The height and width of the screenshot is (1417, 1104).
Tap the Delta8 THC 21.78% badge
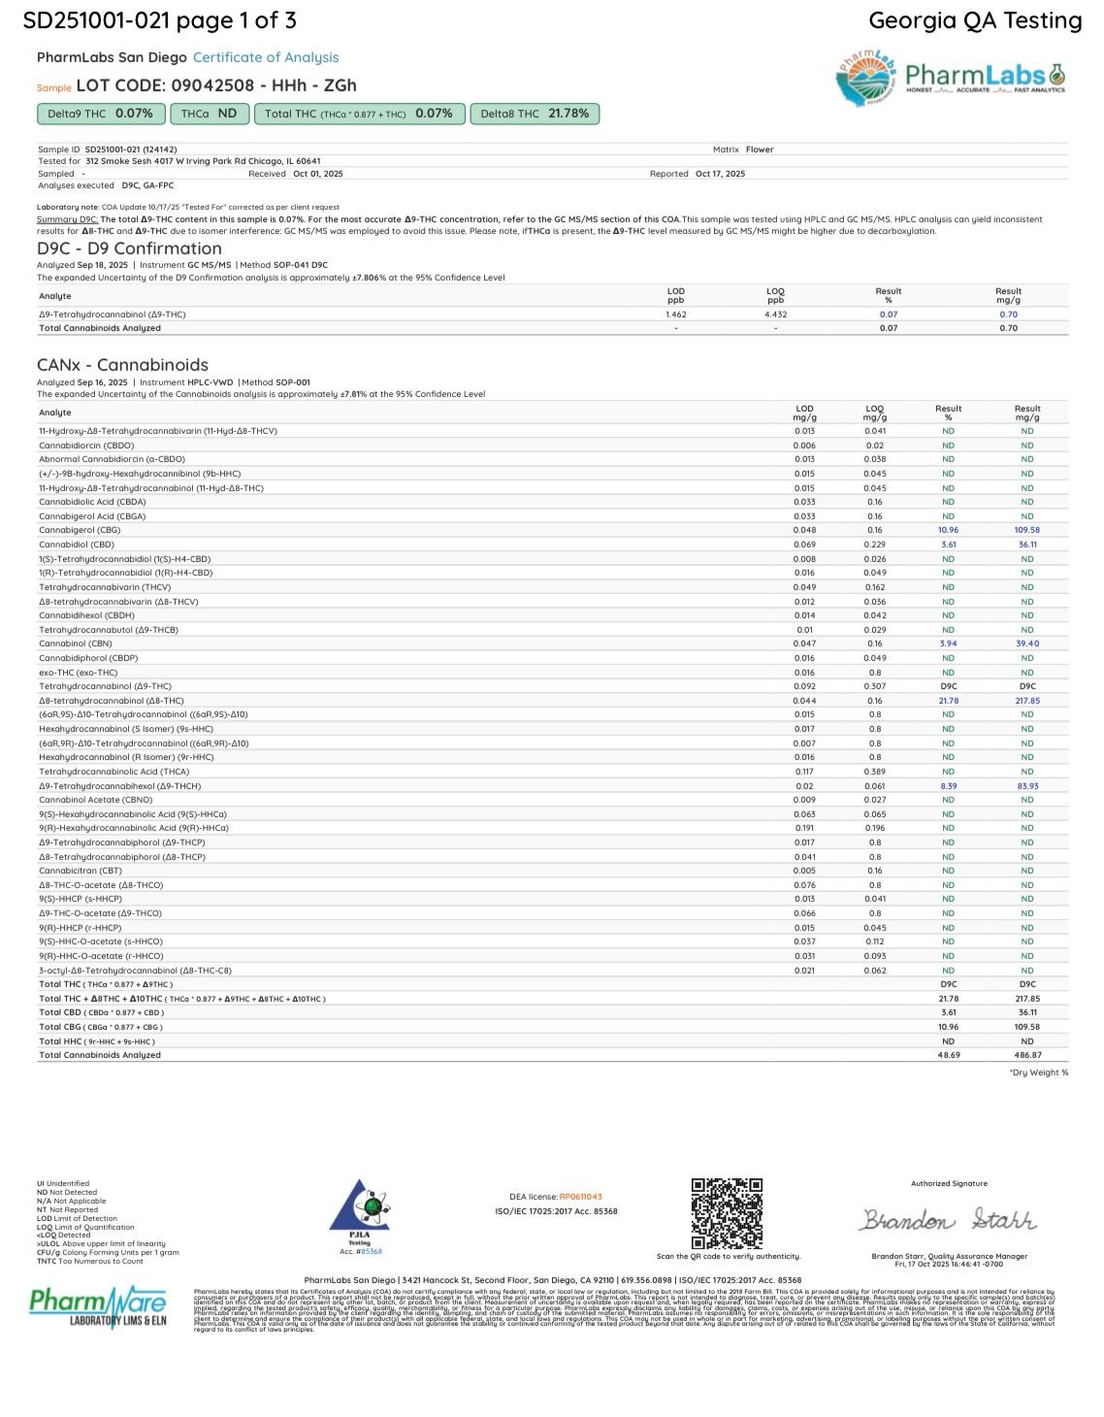(535, 114)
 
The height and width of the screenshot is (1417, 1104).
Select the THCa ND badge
(210, 114)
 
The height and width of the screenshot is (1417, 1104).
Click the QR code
(727, 1213)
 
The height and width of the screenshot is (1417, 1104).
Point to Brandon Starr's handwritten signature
(947, 1219)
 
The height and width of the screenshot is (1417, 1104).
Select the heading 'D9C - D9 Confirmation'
(129, 248)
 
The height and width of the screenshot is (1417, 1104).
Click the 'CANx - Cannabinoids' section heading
(122, 365)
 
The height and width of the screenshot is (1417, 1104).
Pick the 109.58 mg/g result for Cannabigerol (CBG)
(1026, 530)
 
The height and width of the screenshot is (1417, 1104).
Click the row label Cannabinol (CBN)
(75, 643)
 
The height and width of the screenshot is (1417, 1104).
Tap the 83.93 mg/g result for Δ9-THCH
(1026, 785)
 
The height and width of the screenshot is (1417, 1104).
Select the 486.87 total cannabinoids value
(1026, 1054)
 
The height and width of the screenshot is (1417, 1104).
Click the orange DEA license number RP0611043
(580, 1197)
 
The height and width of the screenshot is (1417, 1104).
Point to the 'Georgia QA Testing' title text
(975, 20)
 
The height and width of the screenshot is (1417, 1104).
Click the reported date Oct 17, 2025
(720, 174)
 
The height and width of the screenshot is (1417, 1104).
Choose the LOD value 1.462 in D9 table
(675, 314)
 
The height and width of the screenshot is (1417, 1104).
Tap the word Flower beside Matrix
(760, 149)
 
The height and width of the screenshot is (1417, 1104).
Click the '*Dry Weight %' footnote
(1038, 1072)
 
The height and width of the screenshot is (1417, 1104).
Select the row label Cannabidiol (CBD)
(77, 544)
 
